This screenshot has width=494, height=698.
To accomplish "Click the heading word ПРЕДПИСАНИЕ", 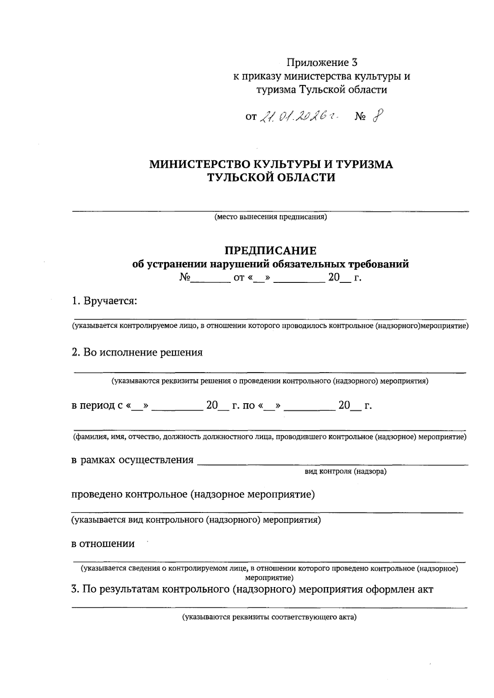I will point(270,251).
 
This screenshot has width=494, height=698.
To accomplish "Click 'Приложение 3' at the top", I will point(322,63).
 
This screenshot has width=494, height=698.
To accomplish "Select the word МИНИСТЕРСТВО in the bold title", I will point(200,165).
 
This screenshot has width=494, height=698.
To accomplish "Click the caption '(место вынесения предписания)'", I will point(270,217).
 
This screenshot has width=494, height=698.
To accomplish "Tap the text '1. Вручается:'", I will point(104,301).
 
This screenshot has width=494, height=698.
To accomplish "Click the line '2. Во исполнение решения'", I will point(137,353).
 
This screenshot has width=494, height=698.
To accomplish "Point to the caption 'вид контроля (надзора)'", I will point(345,471).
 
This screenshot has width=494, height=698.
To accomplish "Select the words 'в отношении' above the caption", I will point(103,544).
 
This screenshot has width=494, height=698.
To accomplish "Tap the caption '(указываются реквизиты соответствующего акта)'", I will point(270,618).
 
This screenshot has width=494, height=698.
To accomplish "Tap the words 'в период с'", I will point(98,406).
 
